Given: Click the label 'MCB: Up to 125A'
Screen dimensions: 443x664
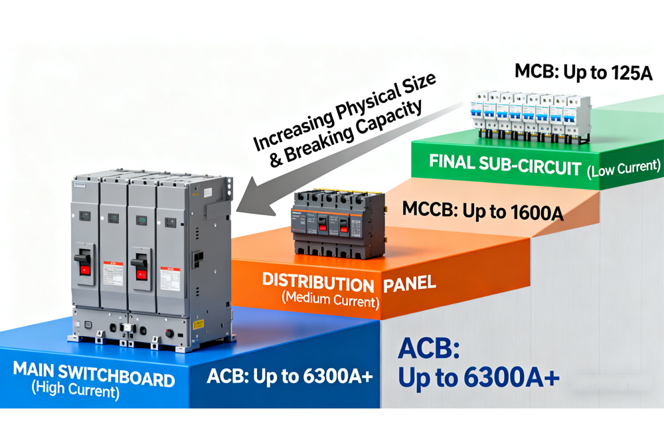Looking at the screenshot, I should tap(584, 71).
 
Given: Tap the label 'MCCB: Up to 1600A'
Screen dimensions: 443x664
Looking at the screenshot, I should tap(483, 213).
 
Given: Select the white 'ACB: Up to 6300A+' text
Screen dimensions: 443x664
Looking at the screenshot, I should tap(290, 376).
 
